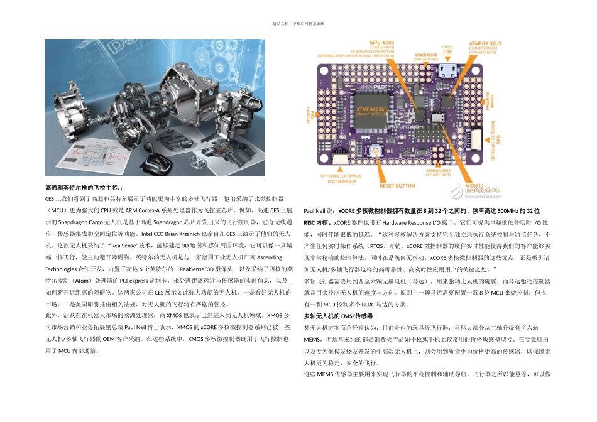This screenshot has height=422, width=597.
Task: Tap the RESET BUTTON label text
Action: coord(397,186)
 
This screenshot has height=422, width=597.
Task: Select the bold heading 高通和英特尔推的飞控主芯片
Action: coord(84,188)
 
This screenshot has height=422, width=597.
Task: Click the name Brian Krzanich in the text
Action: coord(154,233)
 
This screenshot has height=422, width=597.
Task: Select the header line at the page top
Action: coord(298,23)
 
